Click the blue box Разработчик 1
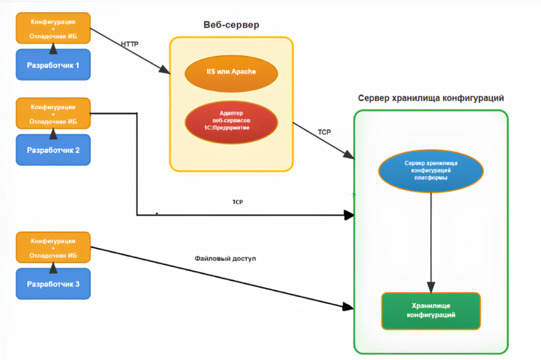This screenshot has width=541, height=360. [53, 65]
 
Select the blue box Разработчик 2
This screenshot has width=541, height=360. [53, 150]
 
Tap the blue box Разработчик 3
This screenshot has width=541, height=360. [53, 285]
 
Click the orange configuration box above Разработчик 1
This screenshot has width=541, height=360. [53, 27]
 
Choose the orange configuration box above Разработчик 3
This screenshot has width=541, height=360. [53, 248]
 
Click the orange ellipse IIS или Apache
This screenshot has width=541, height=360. [231, 71]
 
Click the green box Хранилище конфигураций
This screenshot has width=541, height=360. [431, 310]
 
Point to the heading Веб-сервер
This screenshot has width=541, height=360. [231, 25]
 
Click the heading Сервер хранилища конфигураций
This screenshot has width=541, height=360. [431, 98]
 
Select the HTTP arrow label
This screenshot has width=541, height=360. [129, 44]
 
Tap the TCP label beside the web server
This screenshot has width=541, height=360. [324, 132]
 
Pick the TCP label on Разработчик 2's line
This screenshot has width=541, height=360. [237, 202]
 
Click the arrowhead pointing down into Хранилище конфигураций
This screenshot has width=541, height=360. [432, 287]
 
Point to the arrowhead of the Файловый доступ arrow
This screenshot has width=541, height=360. [349, 306]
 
